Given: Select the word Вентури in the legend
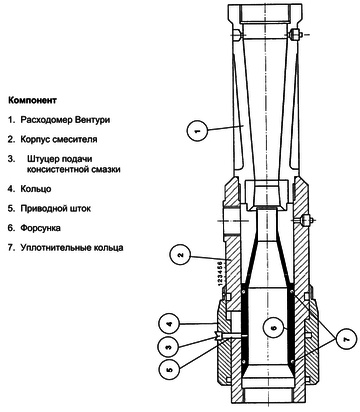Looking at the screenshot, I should coord(92,120).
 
